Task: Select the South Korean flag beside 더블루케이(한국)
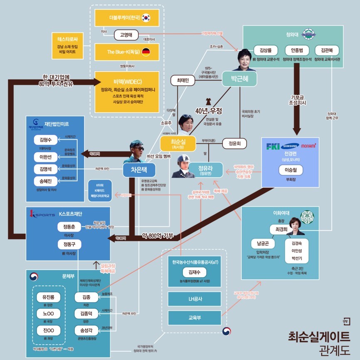(145, 17)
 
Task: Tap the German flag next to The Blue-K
(145, 52)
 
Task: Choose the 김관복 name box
(327, 50)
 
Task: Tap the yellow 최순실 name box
(178, 143)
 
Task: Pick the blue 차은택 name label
(139, 169)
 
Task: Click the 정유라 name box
(202, 170)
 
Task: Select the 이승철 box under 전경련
(290, 171)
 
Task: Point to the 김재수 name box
(195, 272)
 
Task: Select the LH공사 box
(195, 298)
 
